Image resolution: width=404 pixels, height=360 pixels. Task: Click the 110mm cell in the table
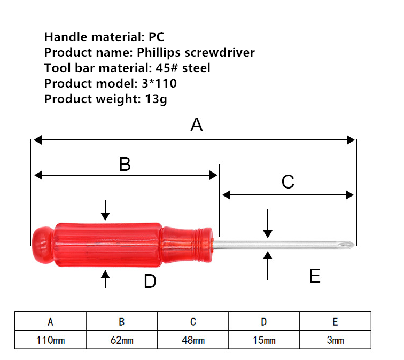coord(50,340)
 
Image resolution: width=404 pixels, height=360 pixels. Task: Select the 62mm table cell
coord(122,340)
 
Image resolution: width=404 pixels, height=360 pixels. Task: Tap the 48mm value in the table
coord(193,340)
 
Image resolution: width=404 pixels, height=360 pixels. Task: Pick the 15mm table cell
coord(264,340)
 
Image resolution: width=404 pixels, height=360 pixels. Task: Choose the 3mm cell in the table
coord(335,340)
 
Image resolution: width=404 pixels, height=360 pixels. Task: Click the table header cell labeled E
coord(335,322)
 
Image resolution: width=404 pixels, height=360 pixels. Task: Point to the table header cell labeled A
coord(50,322)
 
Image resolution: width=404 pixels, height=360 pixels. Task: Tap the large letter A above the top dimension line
coord(197,125)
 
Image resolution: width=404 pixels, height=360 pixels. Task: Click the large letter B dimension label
coord(125,164)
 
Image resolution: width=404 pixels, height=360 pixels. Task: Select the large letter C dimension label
coord(288,182)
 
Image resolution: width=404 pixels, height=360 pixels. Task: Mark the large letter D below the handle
coord(150,281)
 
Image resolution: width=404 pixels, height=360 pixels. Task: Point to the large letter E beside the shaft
coord(315,276)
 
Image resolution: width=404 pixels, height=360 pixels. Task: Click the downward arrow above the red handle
coord(105,210)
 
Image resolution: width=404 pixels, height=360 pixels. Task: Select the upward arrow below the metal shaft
coord(268,265)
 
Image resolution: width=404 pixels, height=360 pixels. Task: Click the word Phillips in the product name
coord(159,53)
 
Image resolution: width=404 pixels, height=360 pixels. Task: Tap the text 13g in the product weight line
coord(156,99)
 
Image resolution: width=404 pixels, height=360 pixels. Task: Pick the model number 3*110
coord(159,83)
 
